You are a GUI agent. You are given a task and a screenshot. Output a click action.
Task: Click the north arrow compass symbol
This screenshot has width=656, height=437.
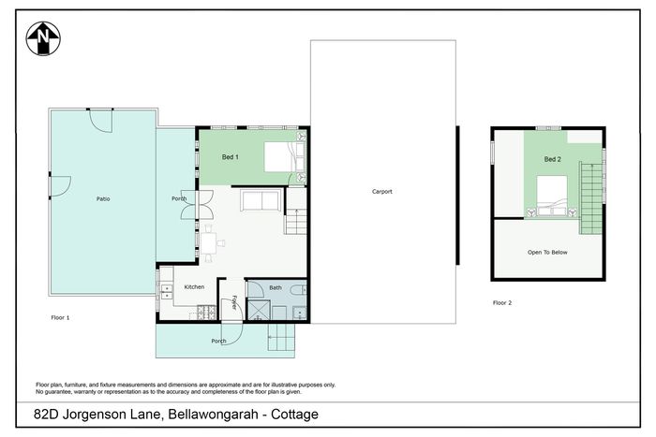click(x=43, y=38)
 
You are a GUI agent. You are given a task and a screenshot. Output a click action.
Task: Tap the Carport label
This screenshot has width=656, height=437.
click(x=382, y=191)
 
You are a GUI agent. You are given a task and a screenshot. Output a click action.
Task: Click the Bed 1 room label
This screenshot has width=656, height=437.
click(x=231, y=157)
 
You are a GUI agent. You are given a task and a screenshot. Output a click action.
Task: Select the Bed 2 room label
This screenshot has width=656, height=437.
click(x=552, y=159)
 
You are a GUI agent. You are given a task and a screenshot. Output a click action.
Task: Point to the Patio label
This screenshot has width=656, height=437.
click(x=103, y=199)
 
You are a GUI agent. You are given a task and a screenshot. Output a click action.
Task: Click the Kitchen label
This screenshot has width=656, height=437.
click(x=194, y=287)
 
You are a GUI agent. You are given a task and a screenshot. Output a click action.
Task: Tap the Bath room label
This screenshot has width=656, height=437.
click(x=276, y=287)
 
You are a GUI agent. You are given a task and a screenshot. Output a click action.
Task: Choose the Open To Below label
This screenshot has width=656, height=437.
click(x=547, y=253)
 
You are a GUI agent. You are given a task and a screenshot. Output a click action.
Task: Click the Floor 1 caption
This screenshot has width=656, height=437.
click(x=60, y=317)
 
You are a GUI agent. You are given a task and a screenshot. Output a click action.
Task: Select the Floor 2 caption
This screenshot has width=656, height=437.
click(x=502, y=302)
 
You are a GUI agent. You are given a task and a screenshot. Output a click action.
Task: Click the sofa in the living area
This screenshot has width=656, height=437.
click(x=261, y=200)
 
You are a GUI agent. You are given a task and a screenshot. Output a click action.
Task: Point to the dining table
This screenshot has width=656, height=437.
click(x=208, y=243)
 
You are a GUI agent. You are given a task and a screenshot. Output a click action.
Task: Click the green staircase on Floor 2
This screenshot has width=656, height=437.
click(x=590, y=197)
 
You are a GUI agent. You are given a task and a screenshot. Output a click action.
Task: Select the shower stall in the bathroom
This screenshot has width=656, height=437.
click(x=259, y=310)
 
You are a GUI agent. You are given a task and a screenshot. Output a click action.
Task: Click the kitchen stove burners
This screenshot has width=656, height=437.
click(x=206, y=313)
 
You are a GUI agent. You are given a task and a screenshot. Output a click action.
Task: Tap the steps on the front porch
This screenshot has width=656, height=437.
click(x=281, y=338)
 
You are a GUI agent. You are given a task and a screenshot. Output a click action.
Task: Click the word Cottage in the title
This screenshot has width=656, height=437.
click(x=294, y=415)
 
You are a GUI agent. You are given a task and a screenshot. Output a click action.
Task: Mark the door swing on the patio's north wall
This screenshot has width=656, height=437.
click(x=101, y=121)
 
